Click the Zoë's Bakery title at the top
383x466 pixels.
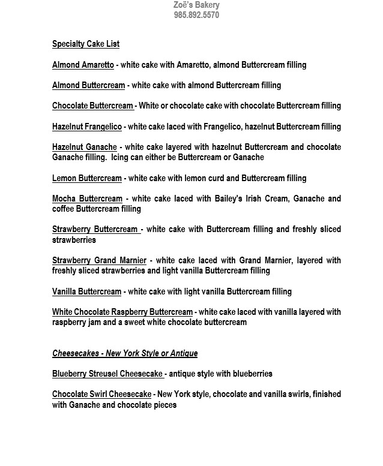click(x=196, y=5)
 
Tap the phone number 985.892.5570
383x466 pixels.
click(x=196, y=15)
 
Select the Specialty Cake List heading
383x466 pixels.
click(x=86, y=44)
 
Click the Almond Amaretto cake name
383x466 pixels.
click(x=83, y=65)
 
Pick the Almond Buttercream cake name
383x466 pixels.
click(x=88, y=85)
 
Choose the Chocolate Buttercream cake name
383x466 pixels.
click(x=92, y=106)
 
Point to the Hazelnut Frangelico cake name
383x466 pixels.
click(x=87, y=127)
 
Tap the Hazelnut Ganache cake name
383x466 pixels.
click(x=84, y=147)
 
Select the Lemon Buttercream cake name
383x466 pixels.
click(x=86, y=178)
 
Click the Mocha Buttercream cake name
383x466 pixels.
click(x=87, y=199)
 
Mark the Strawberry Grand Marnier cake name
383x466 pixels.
click(x=99, y=260)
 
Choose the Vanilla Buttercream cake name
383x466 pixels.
click(x=86, y=291)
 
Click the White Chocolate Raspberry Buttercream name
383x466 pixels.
click(x=122, y=312)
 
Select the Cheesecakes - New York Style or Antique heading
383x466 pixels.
click(x=125, y=353)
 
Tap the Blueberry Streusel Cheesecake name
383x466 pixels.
click(x=107, y=374)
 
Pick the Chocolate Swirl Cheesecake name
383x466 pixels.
click(x=101, y=394)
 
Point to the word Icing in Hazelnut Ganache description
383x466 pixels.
click(x=121, y=157)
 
